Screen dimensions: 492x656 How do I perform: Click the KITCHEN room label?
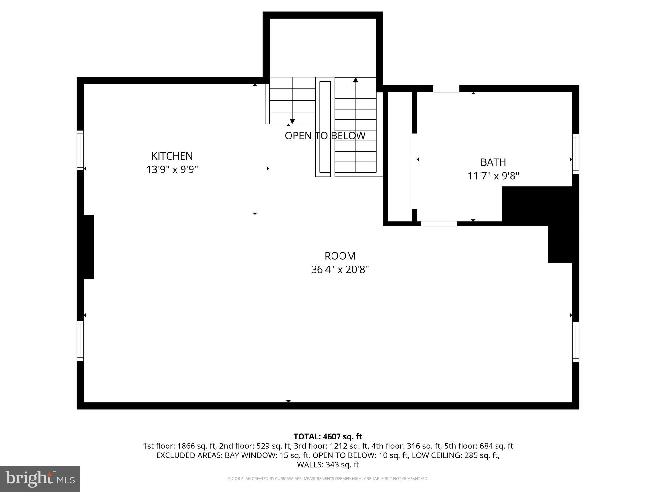(172, 156)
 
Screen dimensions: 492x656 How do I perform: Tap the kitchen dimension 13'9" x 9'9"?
(172, 169)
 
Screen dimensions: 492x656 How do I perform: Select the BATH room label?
(493, 162)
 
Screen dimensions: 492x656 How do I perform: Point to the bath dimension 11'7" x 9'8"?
(493, 176)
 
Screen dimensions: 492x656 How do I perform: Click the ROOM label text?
(340, 256)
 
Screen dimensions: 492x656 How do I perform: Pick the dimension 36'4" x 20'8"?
(340, 270)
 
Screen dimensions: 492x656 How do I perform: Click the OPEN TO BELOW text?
(325, 136)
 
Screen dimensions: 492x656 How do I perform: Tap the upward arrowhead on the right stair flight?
(356, 80)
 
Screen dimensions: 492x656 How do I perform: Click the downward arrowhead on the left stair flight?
(292, 121)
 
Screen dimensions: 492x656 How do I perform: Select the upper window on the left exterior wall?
(80, 150)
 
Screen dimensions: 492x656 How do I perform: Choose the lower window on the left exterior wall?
(80, 341)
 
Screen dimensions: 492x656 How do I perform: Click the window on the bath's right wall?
(576, 154)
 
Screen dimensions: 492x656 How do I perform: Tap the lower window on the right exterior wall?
(576, 342)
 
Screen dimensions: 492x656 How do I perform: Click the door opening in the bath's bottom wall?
(439, 224)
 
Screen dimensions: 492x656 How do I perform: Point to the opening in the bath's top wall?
(446, 89)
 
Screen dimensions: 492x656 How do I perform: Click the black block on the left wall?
(88, 247)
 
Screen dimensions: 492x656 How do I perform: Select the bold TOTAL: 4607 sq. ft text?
(328, 436)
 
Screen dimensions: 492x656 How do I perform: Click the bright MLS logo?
(40, 479)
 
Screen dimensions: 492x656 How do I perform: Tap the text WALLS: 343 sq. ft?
(328, 464)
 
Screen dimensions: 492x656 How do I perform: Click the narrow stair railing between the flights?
(325, 127)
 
